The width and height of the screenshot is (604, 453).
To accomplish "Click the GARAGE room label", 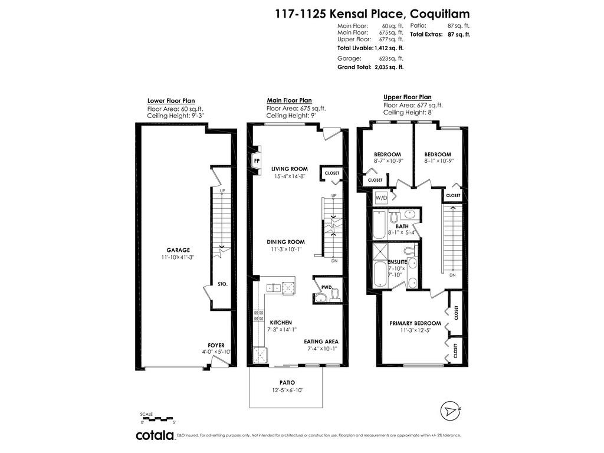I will pos(178,250).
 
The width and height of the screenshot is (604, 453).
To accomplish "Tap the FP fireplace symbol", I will pos(257,160).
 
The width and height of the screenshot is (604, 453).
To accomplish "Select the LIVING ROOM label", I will pos(290,169).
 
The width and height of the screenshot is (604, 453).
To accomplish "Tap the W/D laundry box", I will pos(380,198).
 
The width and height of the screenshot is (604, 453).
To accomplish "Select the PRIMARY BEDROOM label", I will pos(415,323).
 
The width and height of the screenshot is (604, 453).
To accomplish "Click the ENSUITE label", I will pos(398,261).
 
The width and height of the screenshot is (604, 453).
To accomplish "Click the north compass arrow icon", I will pos(451,410).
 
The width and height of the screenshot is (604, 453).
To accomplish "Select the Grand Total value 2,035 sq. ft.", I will pos(389,68).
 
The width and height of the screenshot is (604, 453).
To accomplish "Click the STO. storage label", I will pos(222,284).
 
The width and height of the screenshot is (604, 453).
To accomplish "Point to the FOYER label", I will pos(216,345).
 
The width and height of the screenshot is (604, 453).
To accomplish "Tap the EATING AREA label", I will pos(321,342).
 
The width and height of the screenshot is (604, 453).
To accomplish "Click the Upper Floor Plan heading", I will pos(407,97).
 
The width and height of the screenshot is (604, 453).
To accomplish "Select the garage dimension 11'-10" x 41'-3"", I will pos(178,258).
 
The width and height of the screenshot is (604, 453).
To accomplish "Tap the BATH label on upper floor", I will pos(402,226).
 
